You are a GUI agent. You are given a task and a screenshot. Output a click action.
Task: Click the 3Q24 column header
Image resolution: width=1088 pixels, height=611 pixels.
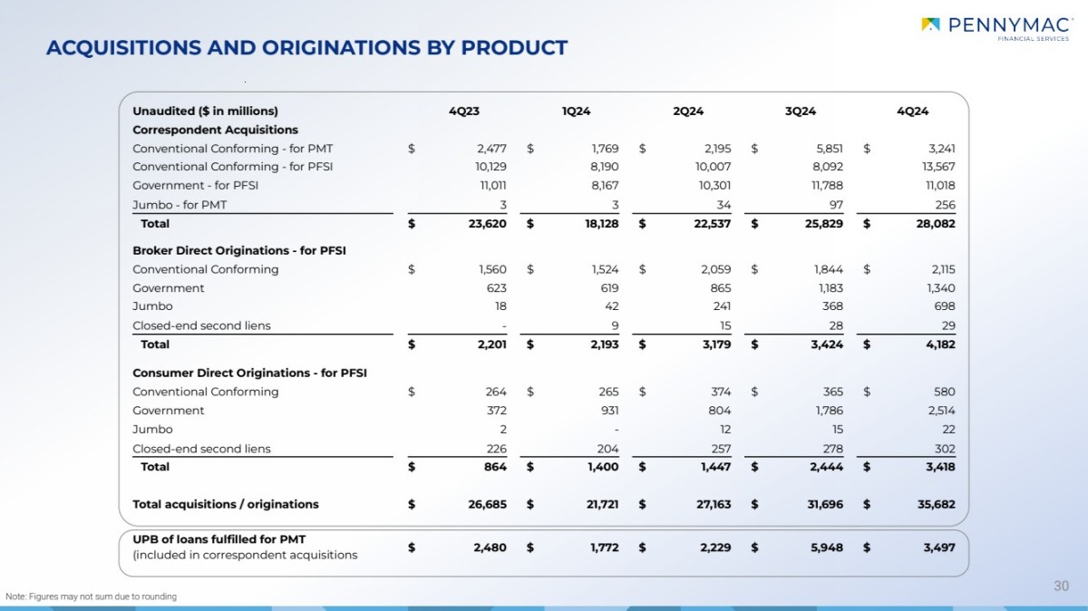pos(801,112)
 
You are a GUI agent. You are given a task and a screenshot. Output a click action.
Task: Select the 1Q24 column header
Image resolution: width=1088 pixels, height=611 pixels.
pos(576,112)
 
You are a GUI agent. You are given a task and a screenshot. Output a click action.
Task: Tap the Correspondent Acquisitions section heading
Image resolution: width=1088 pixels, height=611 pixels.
pos(215,130)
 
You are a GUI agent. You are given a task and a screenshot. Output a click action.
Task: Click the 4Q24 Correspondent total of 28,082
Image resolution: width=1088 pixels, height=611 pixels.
pos(934,224)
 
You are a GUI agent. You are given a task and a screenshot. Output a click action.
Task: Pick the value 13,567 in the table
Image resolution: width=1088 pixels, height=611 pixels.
pos(936,167)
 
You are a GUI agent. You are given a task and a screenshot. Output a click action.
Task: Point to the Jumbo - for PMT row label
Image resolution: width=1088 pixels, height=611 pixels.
pos(180,205)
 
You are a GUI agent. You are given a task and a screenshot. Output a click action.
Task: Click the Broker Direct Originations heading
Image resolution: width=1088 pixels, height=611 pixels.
pos(239,250)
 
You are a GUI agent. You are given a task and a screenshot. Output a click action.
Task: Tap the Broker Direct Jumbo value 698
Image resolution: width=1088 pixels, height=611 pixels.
pos(944,306)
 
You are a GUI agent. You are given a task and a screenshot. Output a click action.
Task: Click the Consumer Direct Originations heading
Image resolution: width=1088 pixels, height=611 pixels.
pos(249,373)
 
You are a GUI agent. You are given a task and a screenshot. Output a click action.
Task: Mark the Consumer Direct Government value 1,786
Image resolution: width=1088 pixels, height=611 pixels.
pos(827,411)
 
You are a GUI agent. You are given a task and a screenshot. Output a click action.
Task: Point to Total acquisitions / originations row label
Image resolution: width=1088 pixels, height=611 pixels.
pos(226,504)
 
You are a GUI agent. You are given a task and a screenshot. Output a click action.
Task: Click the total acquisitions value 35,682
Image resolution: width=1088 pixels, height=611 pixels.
pos(934,504)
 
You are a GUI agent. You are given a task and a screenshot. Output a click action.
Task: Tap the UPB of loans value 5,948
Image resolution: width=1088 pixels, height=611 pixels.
pos(824,548)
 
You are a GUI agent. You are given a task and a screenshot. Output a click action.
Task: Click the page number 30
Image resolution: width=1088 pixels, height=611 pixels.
pos(1061,587)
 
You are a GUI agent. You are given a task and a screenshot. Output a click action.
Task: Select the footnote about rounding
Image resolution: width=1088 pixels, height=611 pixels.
pos(91,596)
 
